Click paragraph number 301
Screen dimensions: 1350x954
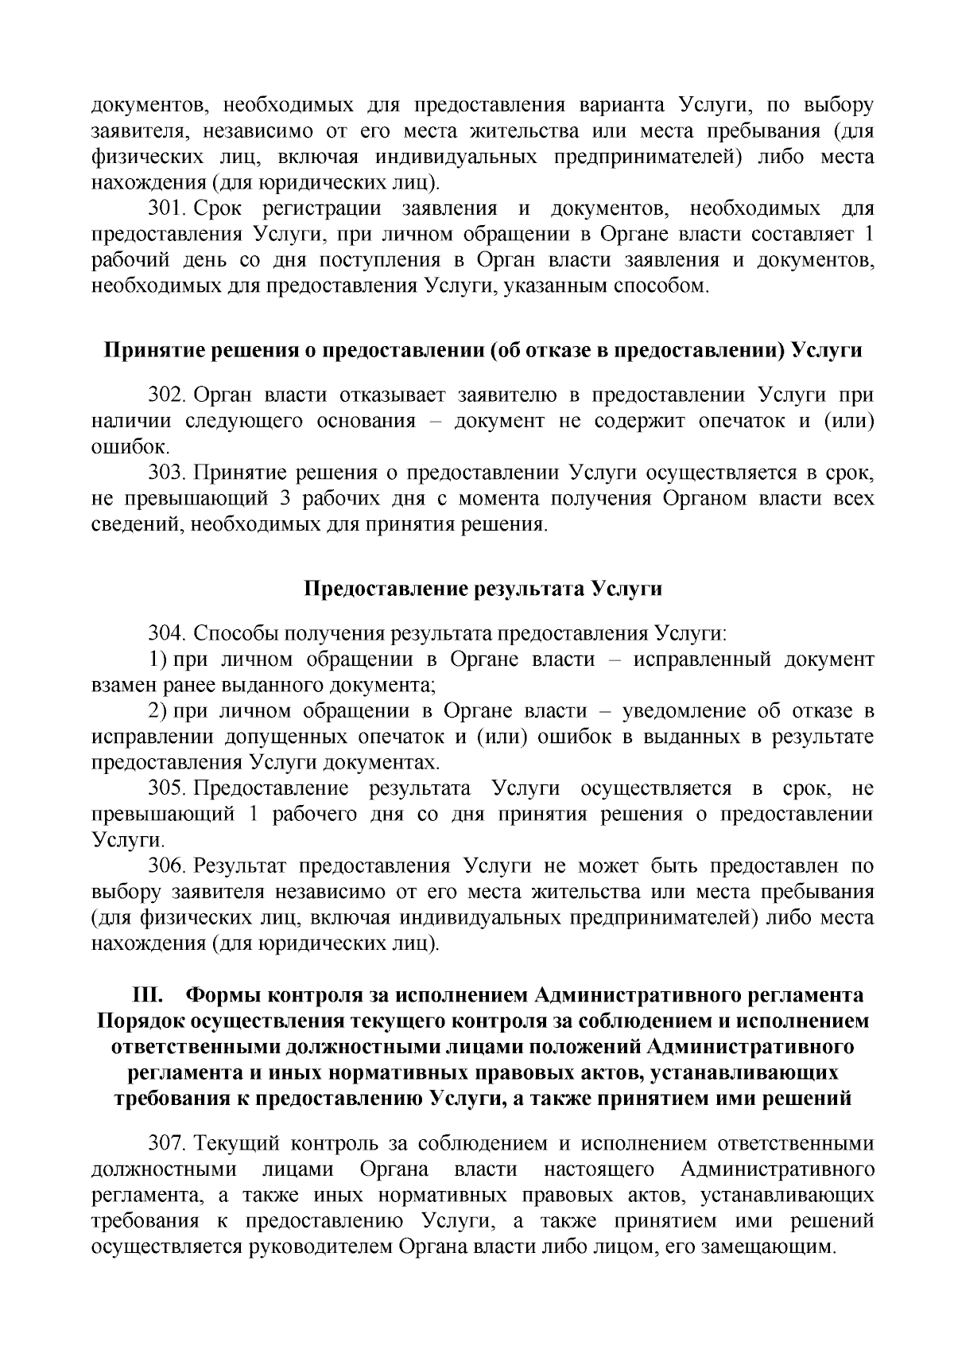(166, 209)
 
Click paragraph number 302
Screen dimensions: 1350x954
(166, 395)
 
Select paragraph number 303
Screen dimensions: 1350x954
(166, 473)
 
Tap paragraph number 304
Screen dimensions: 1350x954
(166, 634)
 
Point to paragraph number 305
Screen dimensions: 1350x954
(166, 788)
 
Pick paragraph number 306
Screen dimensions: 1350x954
(166, 866)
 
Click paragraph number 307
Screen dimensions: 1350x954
(166, 1144)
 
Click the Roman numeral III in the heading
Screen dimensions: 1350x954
(147, 995)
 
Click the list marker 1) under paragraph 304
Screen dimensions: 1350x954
(158, 659)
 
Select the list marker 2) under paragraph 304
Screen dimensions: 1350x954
(158, 710)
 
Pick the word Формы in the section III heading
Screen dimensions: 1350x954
(224, 995)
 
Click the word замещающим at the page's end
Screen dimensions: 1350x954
(766, 1247)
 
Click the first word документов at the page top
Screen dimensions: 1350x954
(149, 105)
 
